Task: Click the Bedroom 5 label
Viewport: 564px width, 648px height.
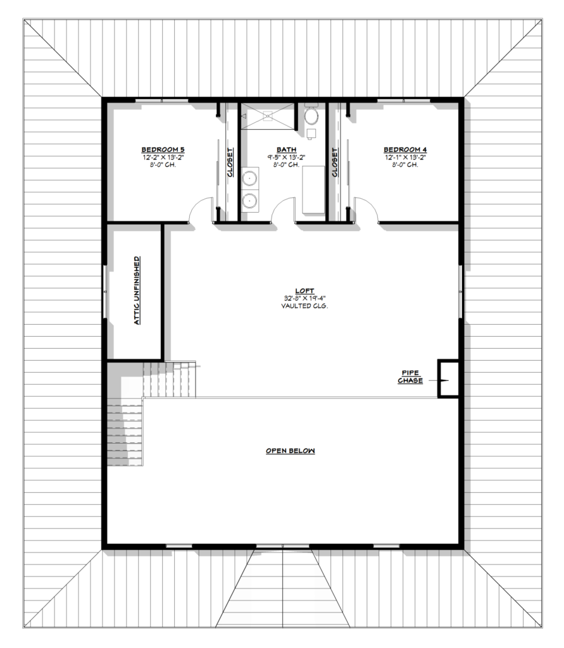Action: (x=163, y=149)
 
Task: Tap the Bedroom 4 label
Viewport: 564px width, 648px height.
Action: (x=405, y=149)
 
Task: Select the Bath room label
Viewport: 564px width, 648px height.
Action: (x=286, y=149)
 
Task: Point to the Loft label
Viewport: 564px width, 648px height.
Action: (x=304, y=291)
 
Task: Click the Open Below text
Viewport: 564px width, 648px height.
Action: (x=291, y=451)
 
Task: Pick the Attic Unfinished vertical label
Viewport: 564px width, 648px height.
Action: (x=137, y=290)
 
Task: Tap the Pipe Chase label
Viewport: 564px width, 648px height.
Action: (x=410, y=377)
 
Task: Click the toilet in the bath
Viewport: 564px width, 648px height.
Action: (x=311, y=115)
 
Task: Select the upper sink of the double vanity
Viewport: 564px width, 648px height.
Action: (x=250, y=178)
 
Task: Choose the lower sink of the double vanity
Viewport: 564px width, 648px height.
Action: (x=250, y=201)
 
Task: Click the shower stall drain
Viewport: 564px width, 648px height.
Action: (x=268, y=116)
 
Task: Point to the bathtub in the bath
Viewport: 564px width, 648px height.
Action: (x=314, y=190)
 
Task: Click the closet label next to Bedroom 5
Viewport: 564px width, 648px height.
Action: (x=230, y=163)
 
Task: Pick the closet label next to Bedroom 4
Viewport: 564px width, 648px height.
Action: (x=335, y=163)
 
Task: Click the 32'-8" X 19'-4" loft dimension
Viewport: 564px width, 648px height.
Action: (x=304, y=299)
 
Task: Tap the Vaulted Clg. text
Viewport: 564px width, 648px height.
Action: (x=304, y=306)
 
